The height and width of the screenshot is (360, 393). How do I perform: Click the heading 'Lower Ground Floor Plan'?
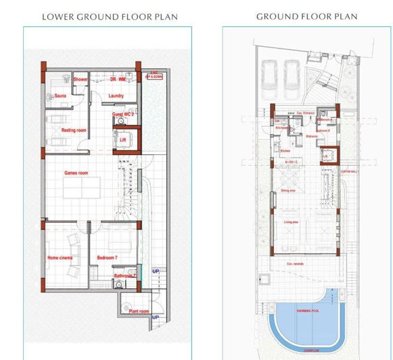tap(110, 16)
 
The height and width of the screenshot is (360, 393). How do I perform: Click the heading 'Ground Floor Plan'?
tap(307, 16)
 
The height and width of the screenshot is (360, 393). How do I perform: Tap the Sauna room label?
tap(60, 96)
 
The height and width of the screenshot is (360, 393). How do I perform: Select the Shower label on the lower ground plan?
tap(80, 80)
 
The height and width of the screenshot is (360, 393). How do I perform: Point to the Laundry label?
tap(116, 96)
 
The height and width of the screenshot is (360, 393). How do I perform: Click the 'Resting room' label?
tap(74, 130)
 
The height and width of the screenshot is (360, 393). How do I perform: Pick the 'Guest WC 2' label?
tap(123, 115)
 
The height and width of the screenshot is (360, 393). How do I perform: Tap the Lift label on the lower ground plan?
tap(122, 140)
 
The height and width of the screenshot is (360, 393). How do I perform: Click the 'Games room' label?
tap(76, 173)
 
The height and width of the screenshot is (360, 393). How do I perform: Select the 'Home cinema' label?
tap(60, 258)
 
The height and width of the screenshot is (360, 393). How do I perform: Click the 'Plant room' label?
tap(139, 311)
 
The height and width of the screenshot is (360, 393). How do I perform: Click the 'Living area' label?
tap(292, 222)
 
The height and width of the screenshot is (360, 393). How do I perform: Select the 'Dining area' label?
tap(288, 190)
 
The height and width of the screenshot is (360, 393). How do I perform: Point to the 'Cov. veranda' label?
tap(294, 263)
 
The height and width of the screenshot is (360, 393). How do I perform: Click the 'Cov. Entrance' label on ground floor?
tap(306, 112)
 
